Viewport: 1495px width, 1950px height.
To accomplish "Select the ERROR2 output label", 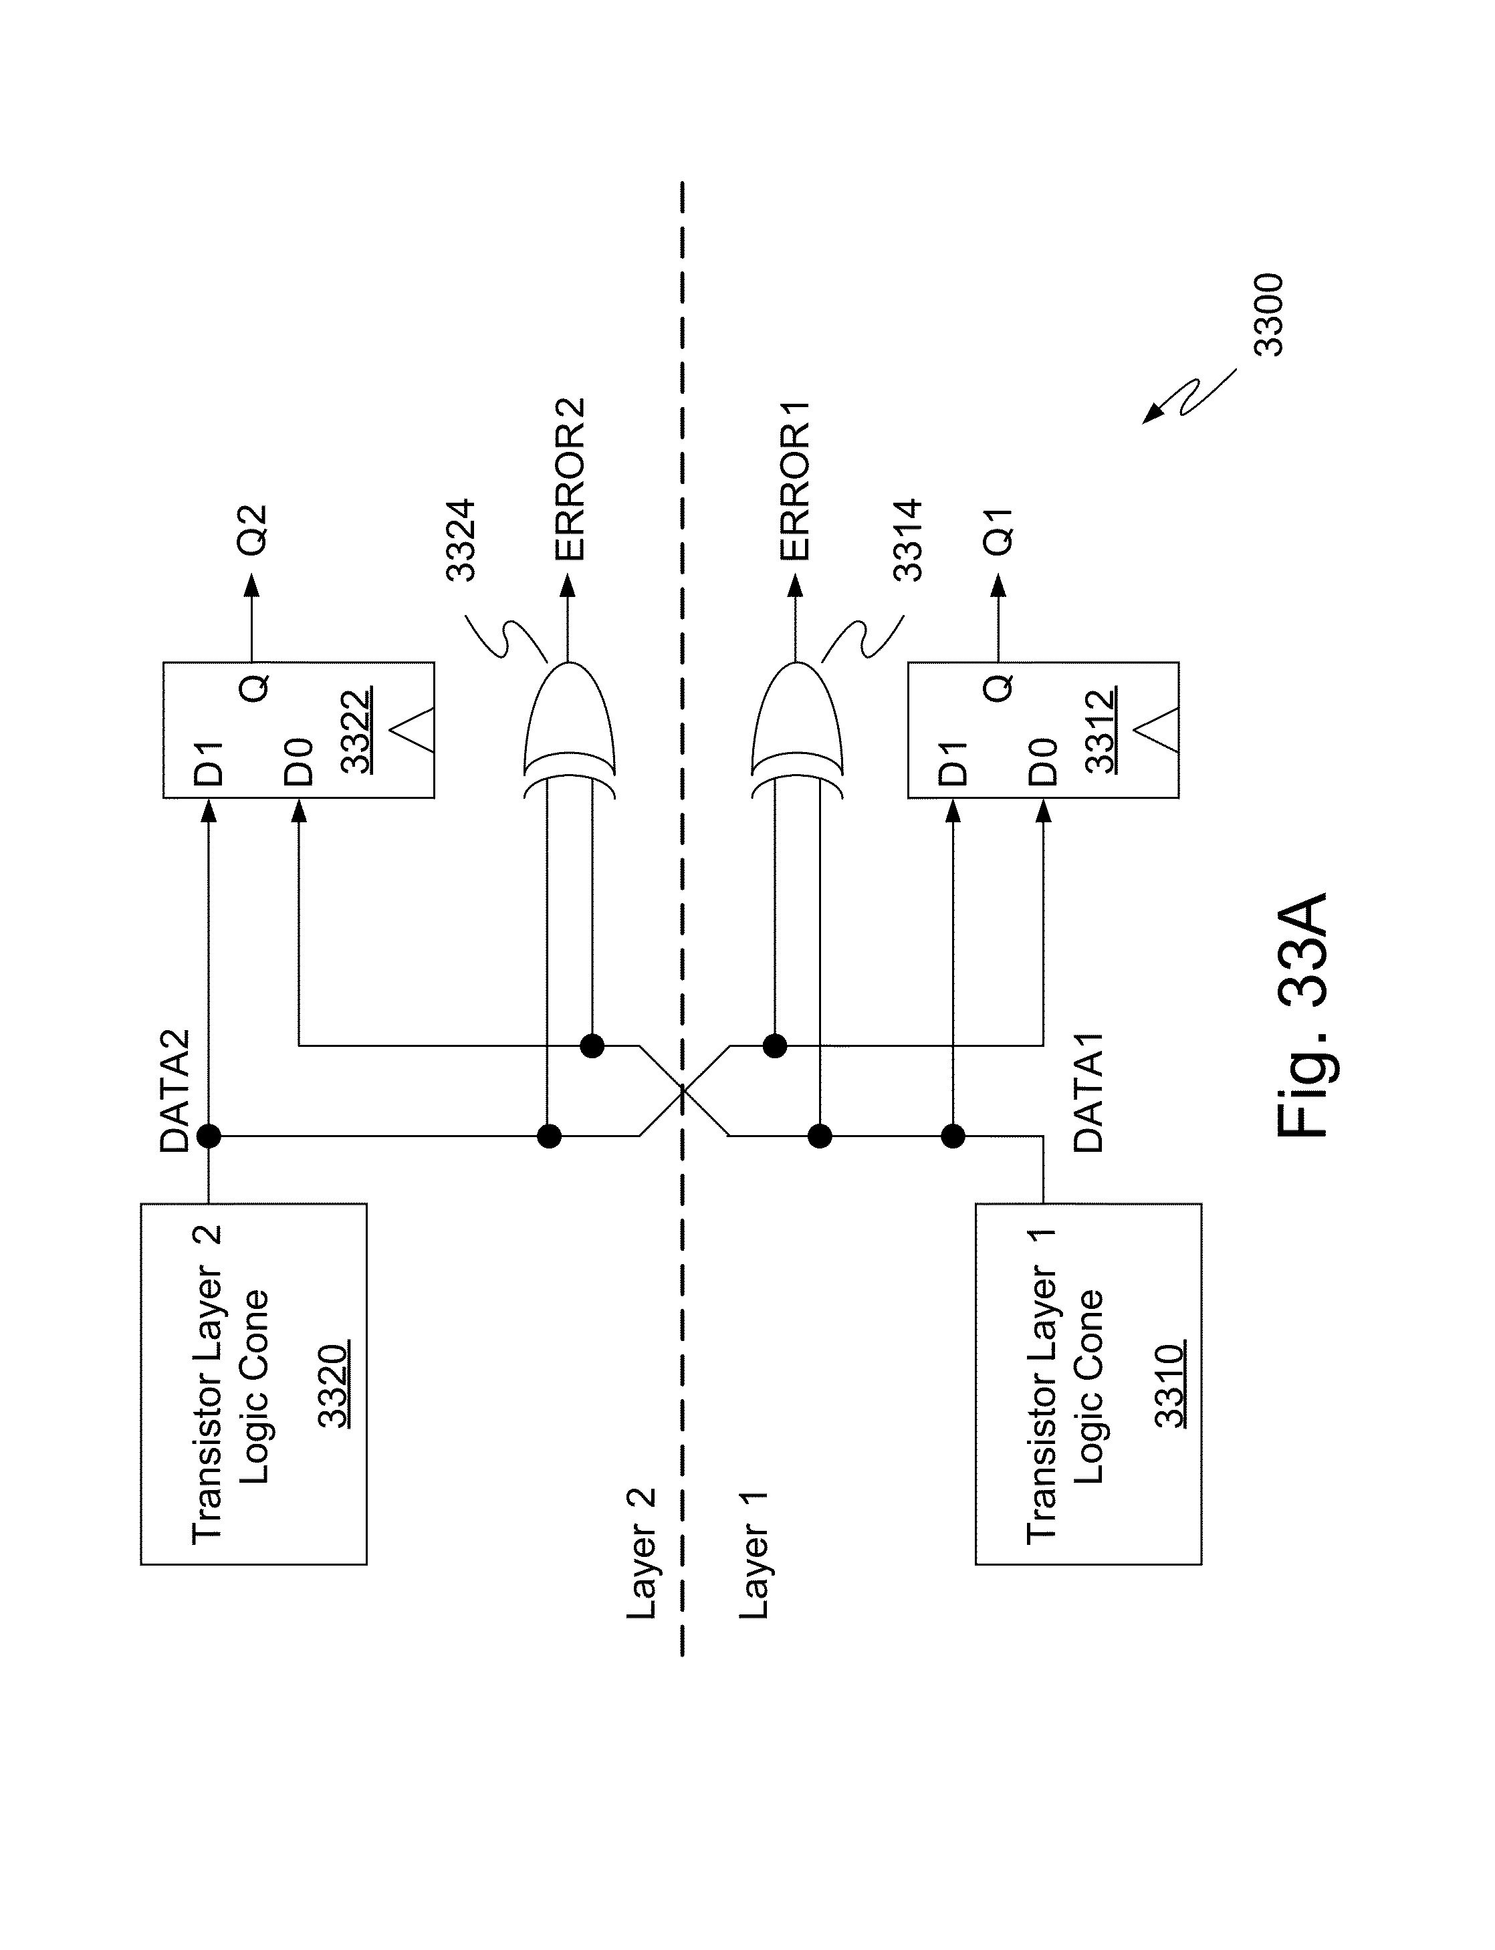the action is pos(570,479).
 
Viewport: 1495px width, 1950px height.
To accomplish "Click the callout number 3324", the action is pos(461,541).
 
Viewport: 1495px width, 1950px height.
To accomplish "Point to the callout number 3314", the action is pos(908,541).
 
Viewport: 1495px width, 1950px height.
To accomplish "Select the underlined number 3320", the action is pos(333,1386).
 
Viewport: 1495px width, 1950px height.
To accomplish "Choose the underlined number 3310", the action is pos(1169,1386).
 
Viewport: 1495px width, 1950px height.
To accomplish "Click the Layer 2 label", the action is pos(641,1553).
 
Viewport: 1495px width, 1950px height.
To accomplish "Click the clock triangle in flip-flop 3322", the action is pos(411,731).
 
